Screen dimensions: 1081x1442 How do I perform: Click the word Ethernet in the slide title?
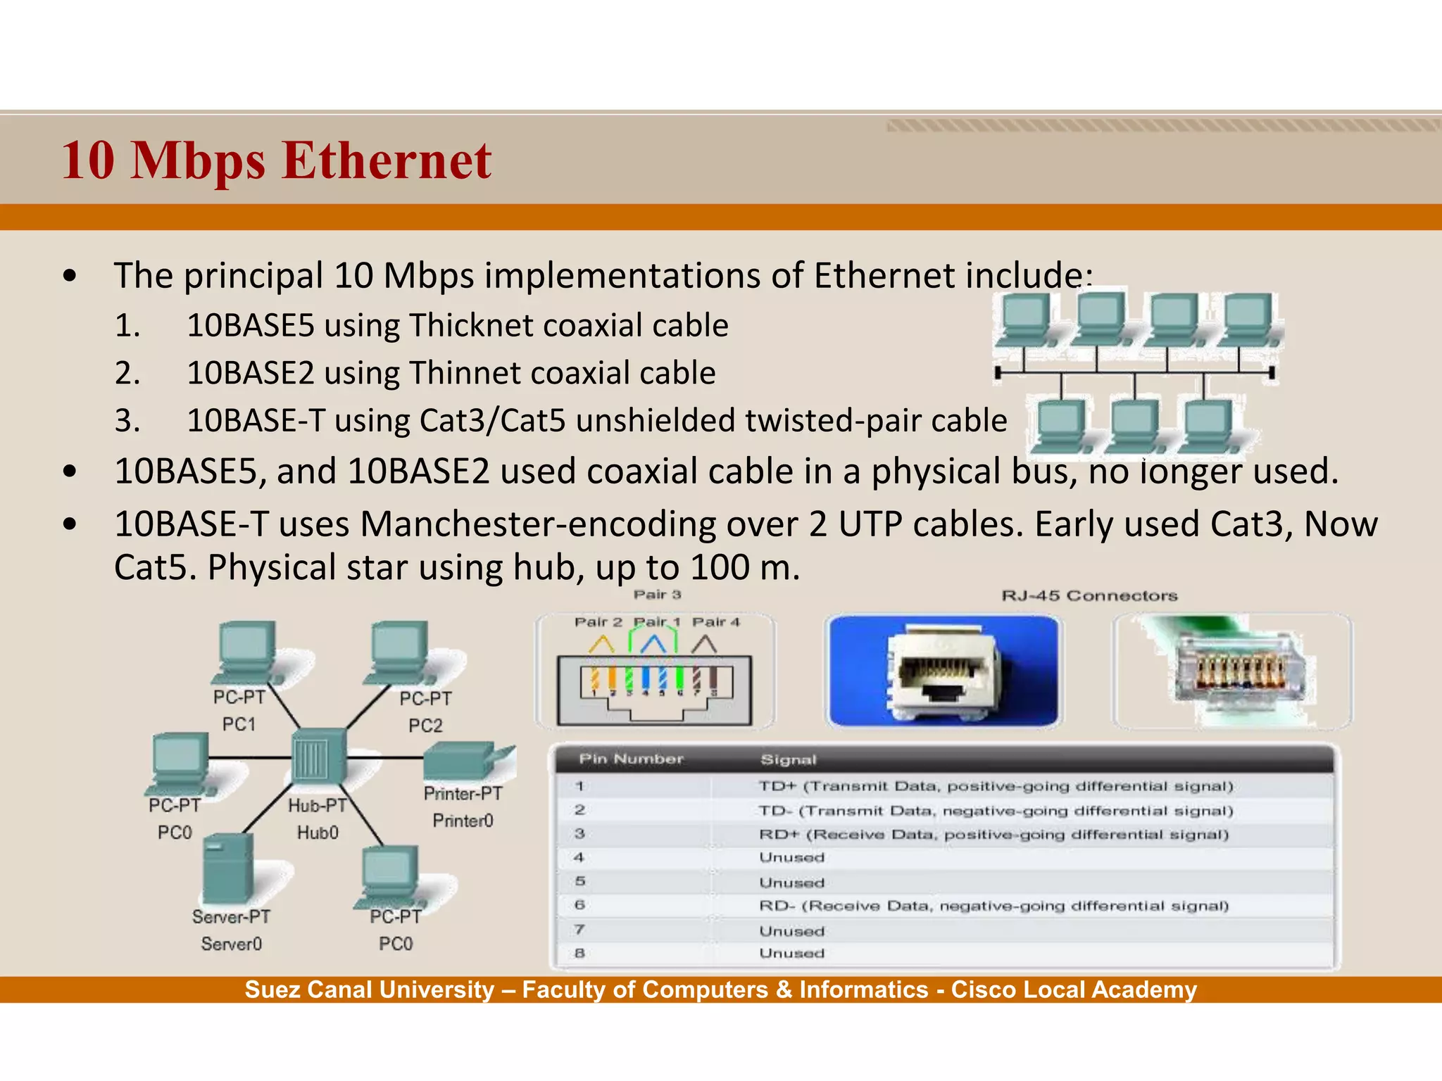(x=387, y=160)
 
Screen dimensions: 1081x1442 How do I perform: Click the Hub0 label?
(x=318, y=833)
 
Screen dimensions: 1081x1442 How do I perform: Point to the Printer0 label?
(x=463, y=821)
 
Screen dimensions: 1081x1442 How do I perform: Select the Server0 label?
(x=231, y=944)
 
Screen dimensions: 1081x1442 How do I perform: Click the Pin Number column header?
(x=631, y=759)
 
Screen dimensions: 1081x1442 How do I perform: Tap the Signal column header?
(x=788, y=760)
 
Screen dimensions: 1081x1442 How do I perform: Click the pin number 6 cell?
(x=579, y=905)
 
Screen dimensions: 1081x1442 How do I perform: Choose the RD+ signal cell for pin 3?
(x=993, y=835)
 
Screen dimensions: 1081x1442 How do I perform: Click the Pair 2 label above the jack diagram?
(x=598, y=622)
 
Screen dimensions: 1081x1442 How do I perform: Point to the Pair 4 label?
(x=716, y=622)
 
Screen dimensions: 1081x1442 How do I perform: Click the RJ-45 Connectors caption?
(x=1089, y=596)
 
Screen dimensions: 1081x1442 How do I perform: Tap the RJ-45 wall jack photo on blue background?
(x=943, y=671)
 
